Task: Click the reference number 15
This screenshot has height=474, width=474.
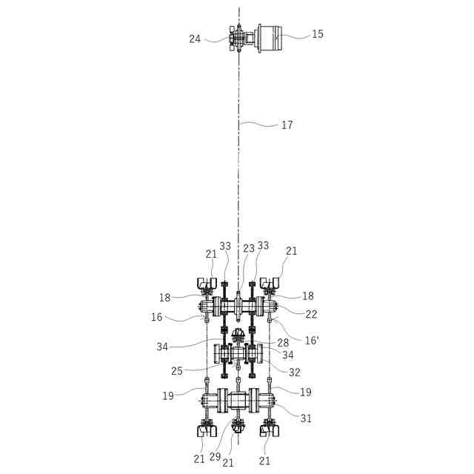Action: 318,34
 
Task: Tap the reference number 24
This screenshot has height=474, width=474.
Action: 195,39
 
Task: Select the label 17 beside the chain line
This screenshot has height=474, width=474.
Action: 287,125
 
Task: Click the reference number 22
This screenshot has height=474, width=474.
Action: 311,314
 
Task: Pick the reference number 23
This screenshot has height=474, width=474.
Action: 249,249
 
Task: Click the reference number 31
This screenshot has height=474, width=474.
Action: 307,418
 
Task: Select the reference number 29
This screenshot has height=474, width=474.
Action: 214,458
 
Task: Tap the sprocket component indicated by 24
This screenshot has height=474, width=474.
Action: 236,38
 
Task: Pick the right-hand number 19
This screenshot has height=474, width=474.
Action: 306,392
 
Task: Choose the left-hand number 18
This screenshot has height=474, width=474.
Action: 164,298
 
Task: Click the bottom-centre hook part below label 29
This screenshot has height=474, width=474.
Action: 238,427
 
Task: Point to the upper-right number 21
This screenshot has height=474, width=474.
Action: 291,251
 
